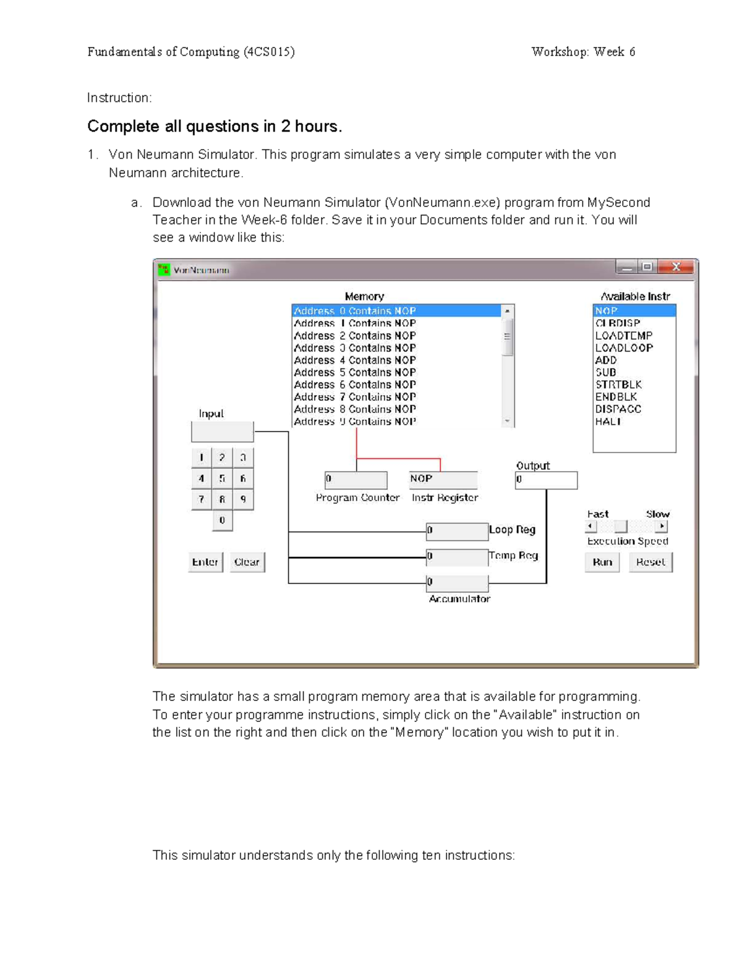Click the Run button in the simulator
[x=602, y=562]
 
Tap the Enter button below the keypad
[x=205, y=562]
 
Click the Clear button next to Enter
[x=247, y=562]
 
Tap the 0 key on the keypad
[x=222, y=520]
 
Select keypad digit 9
[x=243, y=499]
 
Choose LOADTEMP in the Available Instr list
[x=623, y=336]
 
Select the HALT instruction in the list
[x=608, y=422]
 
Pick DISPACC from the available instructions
[x=618, y=409]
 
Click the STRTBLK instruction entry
[x=618, y=384]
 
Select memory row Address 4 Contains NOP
[x=355, y=360]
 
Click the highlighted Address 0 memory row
[x=355, y=311]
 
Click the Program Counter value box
[x=356, y=480]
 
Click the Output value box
[x=546, y=480]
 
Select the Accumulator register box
[x=458, y=583]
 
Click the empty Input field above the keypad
[x=222, y=431]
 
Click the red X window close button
[x=676, y=267]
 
